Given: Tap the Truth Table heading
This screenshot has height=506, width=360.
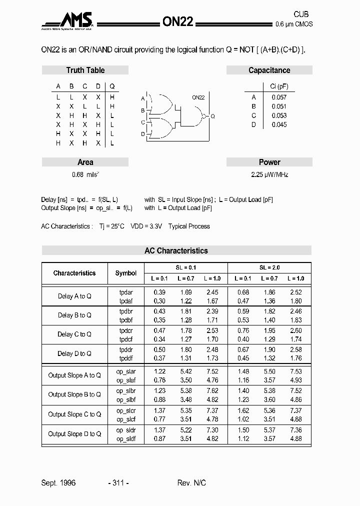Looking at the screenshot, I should (x=85, y=70).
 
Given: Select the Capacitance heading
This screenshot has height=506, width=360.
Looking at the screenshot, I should (x=269, y=70).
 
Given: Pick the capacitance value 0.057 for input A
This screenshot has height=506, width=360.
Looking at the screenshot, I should (x=279, y=97).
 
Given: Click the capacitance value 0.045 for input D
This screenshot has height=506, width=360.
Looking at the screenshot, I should (x=279, y=124).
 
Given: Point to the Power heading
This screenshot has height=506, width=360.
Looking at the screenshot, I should (x=269, y=162).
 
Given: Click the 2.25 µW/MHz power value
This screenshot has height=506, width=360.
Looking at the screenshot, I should (x=269, y=175).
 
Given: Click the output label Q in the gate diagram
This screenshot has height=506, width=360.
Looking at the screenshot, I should (x=212, y=116).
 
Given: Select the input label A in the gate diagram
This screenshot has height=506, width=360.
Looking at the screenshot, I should (x=143, y=98).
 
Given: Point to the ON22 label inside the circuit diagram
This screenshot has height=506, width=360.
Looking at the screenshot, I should (x=198, y=97).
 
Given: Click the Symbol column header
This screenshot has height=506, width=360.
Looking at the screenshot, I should (x=126, y=273).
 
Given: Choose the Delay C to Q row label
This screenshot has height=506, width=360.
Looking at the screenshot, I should (x=74, y=334).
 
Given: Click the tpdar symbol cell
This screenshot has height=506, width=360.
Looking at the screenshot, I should (x=126, y=292).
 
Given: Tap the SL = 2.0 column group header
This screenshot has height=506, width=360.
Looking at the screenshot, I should (x=269, y=267).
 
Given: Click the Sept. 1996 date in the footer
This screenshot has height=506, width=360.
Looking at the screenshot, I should (x=58, y=482).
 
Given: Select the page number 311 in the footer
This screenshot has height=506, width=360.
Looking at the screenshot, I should (x=118, y=482).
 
